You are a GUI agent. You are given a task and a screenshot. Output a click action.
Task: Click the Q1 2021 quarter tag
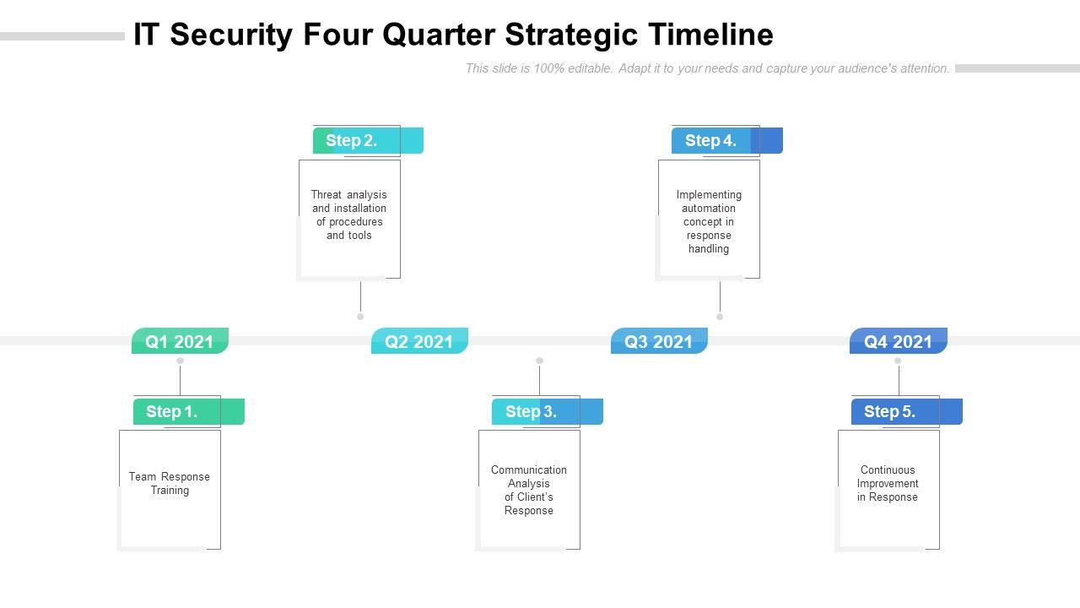180,341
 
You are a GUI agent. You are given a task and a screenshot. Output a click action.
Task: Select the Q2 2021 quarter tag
419,341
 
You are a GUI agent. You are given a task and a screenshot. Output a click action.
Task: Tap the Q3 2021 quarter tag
659,341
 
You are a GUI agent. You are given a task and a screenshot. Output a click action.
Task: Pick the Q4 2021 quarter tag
899,341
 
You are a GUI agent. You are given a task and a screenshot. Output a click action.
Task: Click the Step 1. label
172,412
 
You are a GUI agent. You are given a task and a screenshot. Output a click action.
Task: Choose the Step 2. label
352,141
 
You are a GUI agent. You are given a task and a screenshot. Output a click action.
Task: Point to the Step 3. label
532,412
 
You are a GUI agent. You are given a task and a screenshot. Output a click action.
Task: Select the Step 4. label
711,141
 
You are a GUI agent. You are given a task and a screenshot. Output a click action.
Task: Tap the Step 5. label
890,412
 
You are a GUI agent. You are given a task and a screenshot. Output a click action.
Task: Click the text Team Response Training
170,483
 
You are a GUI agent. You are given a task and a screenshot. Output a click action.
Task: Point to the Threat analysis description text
349,214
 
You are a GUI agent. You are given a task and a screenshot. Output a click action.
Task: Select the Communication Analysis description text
529,490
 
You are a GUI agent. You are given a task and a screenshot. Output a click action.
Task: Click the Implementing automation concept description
709,221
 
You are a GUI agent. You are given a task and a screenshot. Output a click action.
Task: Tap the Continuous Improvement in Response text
888,483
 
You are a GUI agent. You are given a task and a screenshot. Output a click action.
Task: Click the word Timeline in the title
710,35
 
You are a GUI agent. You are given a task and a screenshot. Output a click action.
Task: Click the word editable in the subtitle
590,68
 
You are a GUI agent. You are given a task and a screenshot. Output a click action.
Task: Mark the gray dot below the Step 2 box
360,317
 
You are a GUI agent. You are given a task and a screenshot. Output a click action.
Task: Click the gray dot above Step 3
539,361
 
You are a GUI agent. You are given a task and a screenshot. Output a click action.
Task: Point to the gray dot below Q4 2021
898,361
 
